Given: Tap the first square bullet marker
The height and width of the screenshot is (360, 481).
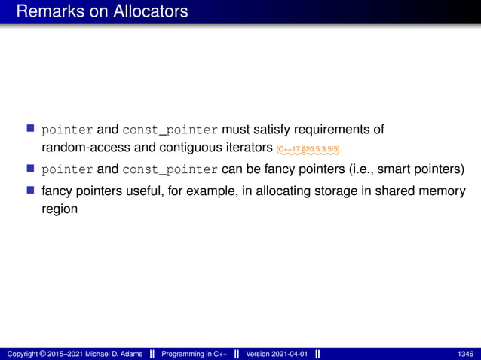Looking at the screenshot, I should [x=31, y=130].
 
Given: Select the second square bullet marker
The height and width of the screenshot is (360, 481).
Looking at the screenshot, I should [x=31, y=169].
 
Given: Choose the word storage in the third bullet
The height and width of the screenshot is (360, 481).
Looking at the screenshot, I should [x=329, y=192].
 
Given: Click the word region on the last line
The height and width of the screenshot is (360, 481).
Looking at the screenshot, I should [x=60, y=209].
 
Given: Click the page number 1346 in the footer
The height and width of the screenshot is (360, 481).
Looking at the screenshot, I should [x=466, y=354].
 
